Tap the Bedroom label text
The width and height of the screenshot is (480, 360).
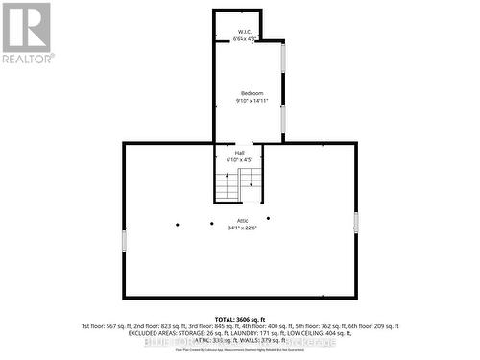point(251,93)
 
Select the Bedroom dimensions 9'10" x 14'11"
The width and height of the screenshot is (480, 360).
point(251,101)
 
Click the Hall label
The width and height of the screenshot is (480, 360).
point(240,152)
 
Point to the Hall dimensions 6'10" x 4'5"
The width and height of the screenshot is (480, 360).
point(240,159)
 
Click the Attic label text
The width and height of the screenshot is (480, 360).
point(241,221)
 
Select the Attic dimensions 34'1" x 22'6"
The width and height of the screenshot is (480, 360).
point(241,228)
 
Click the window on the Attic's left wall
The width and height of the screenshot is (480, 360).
point(124,238)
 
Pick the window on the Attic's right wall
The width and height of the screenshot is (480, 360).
point(356,222)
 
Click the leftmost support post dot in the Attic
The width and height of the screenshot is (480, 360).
point(177,225)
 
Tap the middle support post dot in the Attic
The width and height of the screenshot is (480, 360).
point(212,224)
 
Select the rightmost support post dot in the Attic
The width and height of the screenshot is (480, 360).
point(269,218)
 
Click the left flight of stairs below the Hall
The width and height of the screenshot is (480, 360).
point(227,185)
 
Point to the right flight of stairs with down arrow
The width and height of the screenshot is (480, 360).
point(251,178)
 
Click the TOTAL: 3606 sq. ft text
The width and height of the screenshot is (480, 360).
point(240,318)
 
